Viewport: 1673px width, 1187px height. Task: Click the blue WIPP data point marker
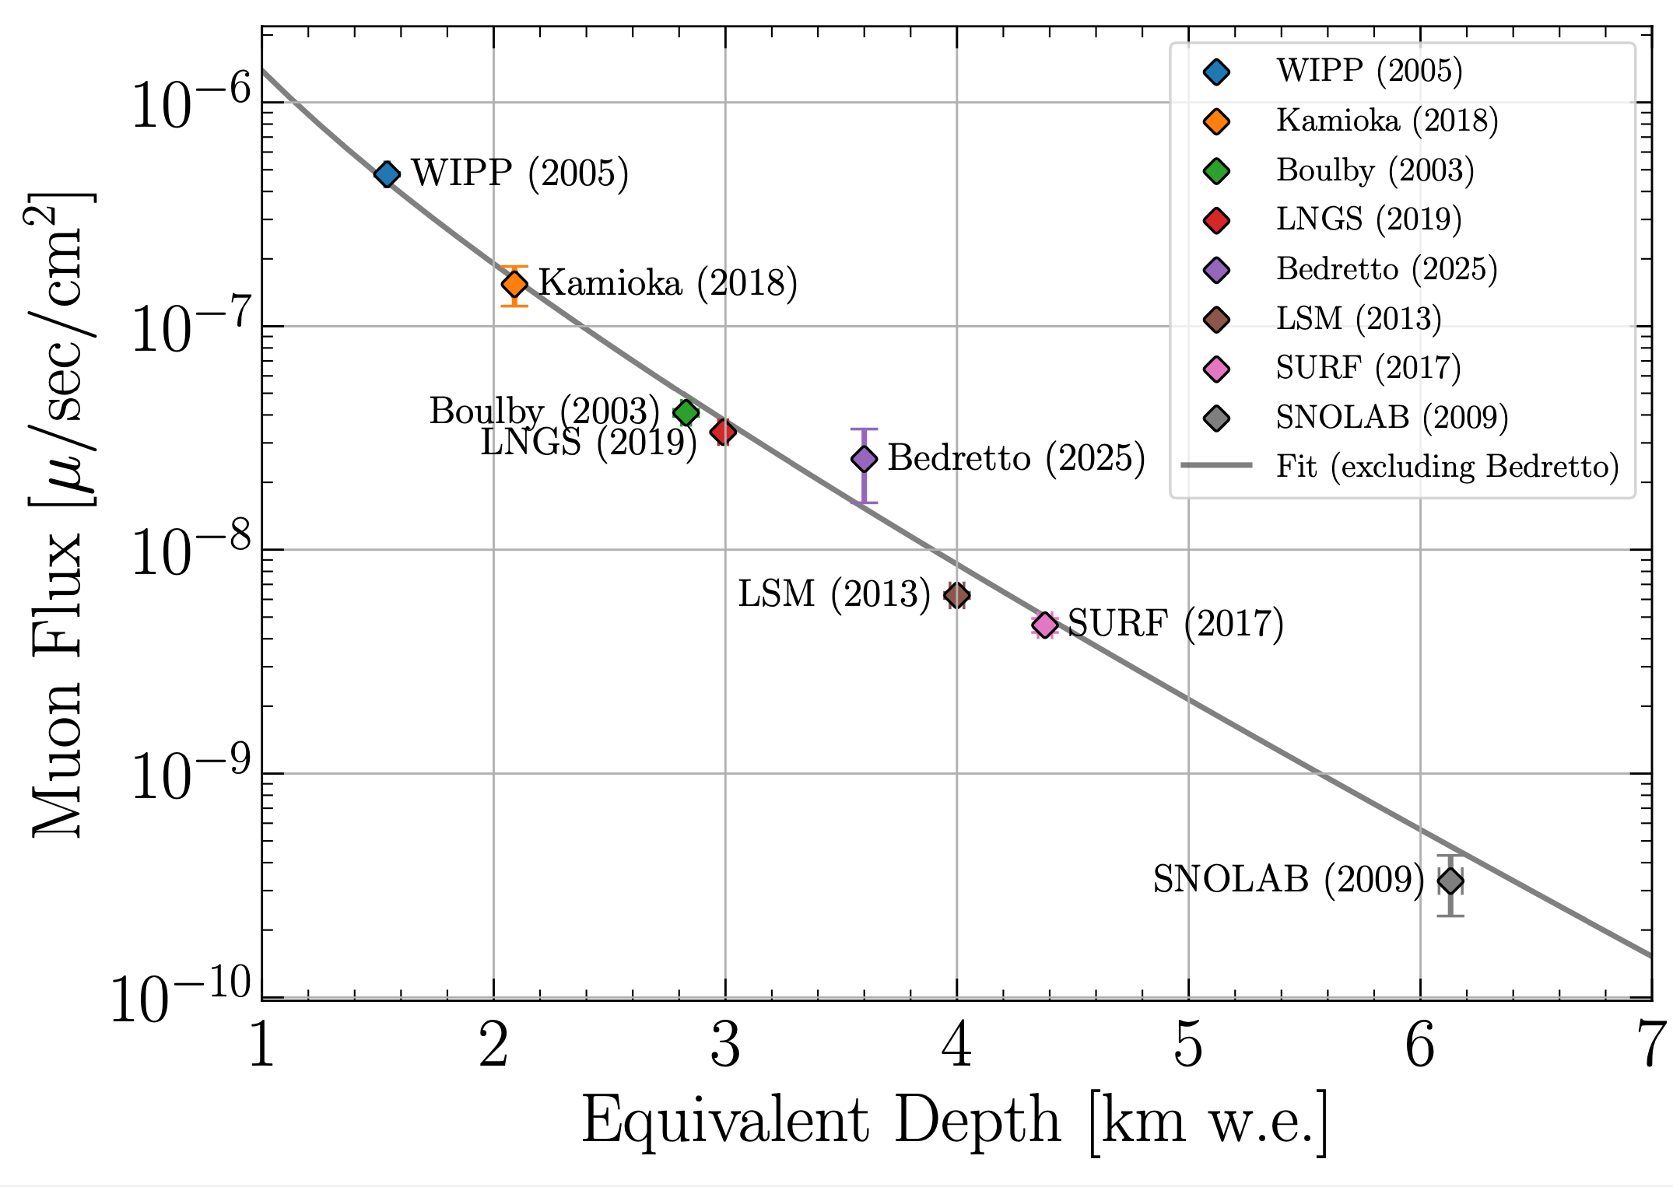coord(387,174)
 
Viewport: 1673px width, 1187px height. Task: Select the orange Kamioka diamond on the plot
coord(514,285)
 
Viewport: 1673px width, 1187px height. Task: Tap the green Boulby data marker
coord(686,412)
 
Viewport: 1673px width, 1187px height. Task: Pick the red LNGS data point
coord(724,431)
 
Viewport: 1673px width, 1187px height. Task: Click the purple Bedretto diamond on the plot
coord(864,459)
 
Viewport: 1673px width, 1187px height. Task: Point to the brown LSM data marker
coord(956,596)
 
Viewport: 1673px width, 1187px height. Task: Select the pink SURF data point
coord(1045,625)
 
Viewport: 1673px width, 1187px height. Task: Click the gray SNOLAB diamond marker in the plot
coord(1450,881)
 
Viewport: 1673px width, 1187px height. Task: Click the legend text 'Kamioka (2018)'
coord(1387,121)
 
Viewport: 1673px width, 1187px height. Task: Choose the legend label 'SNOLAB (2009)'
coord(1391,418)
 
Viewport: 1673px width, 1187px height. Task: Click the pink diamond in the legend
coord(1216,369)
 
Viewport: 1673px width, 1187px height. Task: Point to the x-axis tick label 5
coord(1188,1046)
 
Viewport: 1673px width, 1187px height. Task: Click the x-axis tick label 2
coord(493,1046)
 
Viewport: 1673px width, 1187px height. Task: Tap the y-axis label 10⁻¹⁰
coord(182,996)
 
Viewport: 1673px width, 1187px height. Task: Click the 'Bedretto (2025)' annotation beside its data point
coord(1016,458)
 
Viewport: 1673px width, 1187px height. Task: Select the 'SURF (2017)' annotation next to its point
coord(1175,624)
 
